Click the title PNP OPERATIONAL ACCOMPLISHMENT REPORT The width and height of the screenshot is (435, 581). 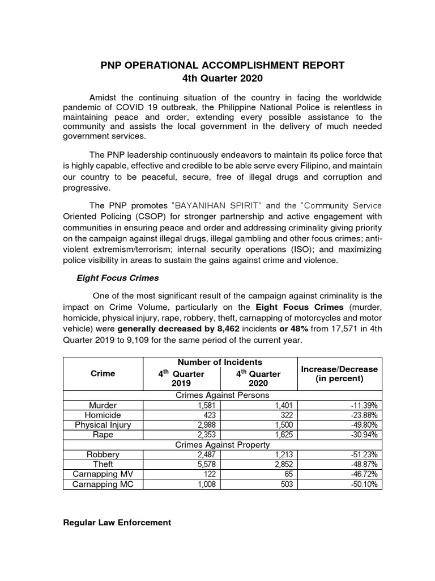click(217, 65)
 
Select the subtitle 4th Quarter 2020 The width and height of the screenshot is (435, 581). click(217, 79)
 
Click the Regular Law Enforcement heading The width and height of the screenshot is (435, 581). click(117, 523)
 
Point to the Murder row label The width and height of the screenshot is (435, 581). click(103, 406)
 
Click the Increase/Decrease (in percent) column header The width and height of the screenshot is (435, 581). click(339, 374)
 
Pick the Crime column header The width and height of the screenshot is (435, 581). click(103, 373)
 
